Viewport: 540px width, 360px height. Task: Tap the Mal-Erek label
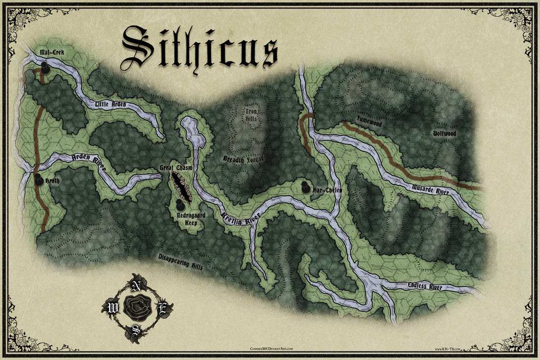click(x=52, y=51)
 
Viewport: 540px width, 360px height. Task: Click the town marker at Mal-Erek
click(x=45, y=68)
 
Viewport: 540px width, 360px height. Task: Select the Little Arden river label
click(x=111, y=104)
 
